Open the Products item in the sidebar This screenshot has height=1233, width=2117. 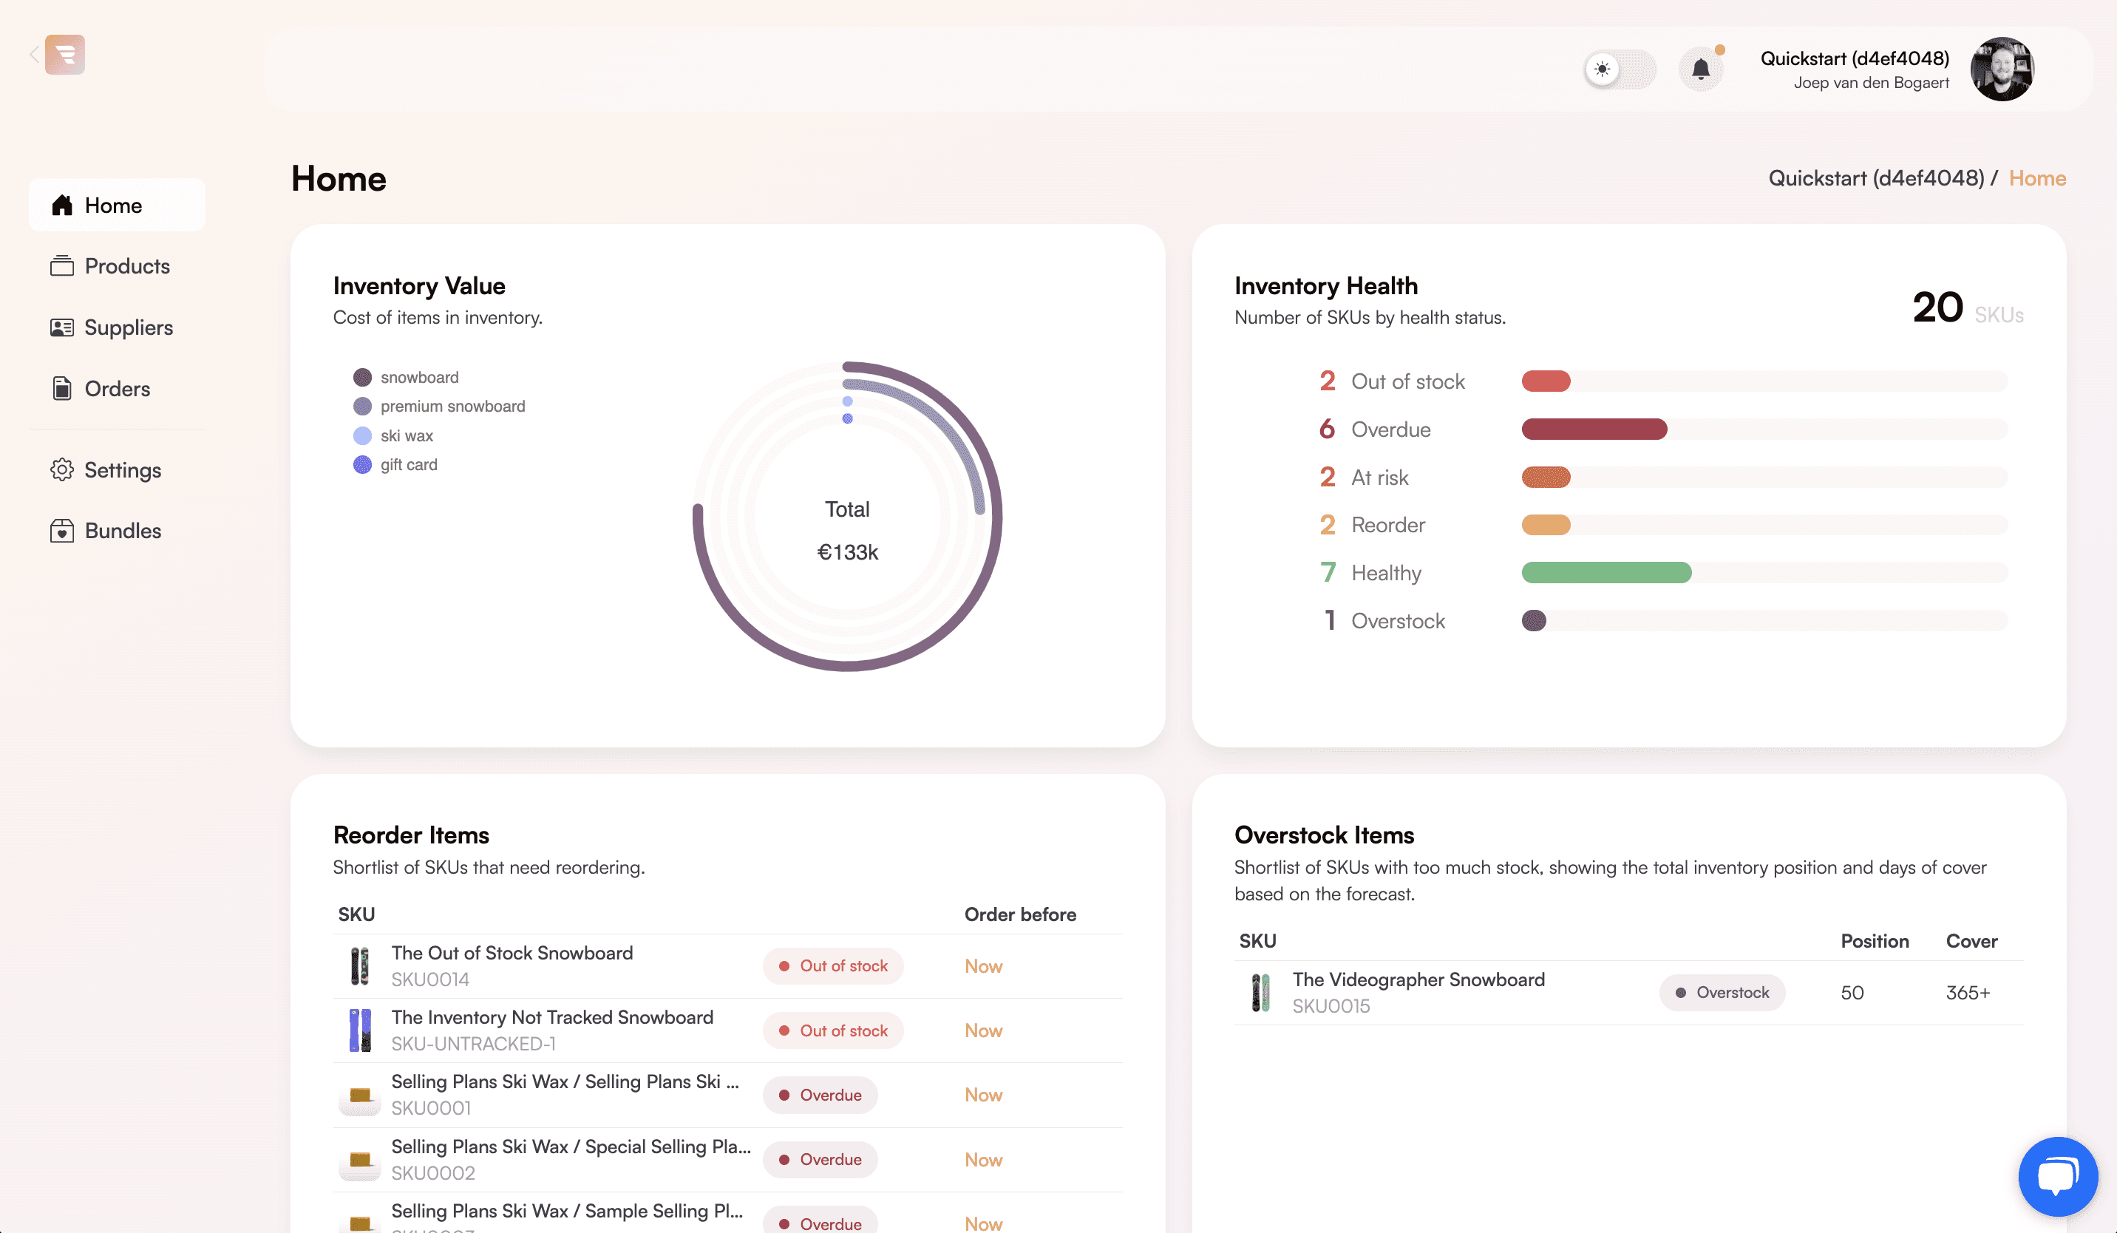click(x=110, y=266)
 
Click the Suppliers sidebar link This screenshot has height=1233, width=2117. click(x=112, y=327)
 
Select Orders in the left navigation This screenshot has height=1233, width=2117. click(x=100, y=389)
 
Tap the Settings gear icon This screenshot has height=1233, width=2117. click(x=62, y=469)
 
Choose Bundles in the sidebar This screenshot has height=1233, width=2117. click(x=106, y=531)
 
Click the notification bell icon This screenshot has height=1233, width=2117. click(x=1700, y=69)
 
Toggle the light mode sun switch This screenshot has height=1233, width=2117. click(x=1619, y=69)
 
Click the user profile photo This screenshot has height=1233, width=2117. click(x=2002, y=69)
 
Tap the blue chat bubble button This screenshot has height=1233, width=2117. click(x=2058, y=1176)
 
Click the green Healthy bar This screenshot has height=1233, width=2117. click(x=1606, y=573)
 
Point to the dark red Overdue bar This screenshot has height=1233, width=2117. click(x=1594, y=429)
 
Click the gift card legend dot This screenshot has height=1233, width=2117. click(x=362, y=464)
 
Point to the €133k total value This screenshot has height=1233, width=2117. click(x=848, y=553)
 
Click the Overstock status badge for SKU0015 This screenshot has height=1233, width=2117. click(x=1722, y=993)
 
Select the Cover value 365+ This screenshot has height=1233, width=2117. click(x=1968, y=993)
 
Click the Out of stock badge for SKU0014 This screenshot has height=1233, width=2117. click(x=832, y=966)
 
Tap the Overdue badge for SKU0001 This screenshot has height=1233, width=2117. click(x=820, y=1096)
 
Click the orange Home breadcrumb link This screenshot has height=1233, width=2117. click(x=2037, y=178)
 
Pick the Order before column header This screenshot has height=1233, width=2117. click(x=1020, y=914)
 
